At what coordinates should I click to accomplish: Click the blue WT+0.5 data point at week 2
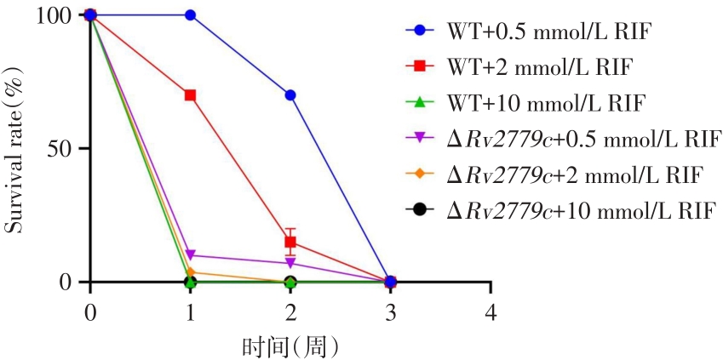tap(290, 95)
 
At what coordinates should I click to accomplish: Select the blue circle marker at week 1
tap(190, 15)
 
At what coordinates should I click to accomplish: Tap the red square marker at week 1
tap(190, 95)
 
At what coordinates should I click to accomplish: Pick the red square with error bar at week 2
tap(290, 242)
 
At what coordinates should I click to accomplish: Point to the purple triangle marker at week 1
tap(190, 255)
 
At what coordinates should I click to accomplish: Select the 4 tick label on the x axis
tap(491, 312)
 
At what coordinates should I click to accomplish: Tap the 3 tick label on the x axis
tap(390, 312)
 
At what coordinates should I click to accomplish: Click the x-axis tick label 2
tap(290, 312)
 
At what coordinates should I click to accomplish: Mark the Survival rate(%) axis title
tap(15, 149)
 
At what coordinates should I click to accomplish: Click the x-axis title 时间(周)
tap(290, 346)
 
